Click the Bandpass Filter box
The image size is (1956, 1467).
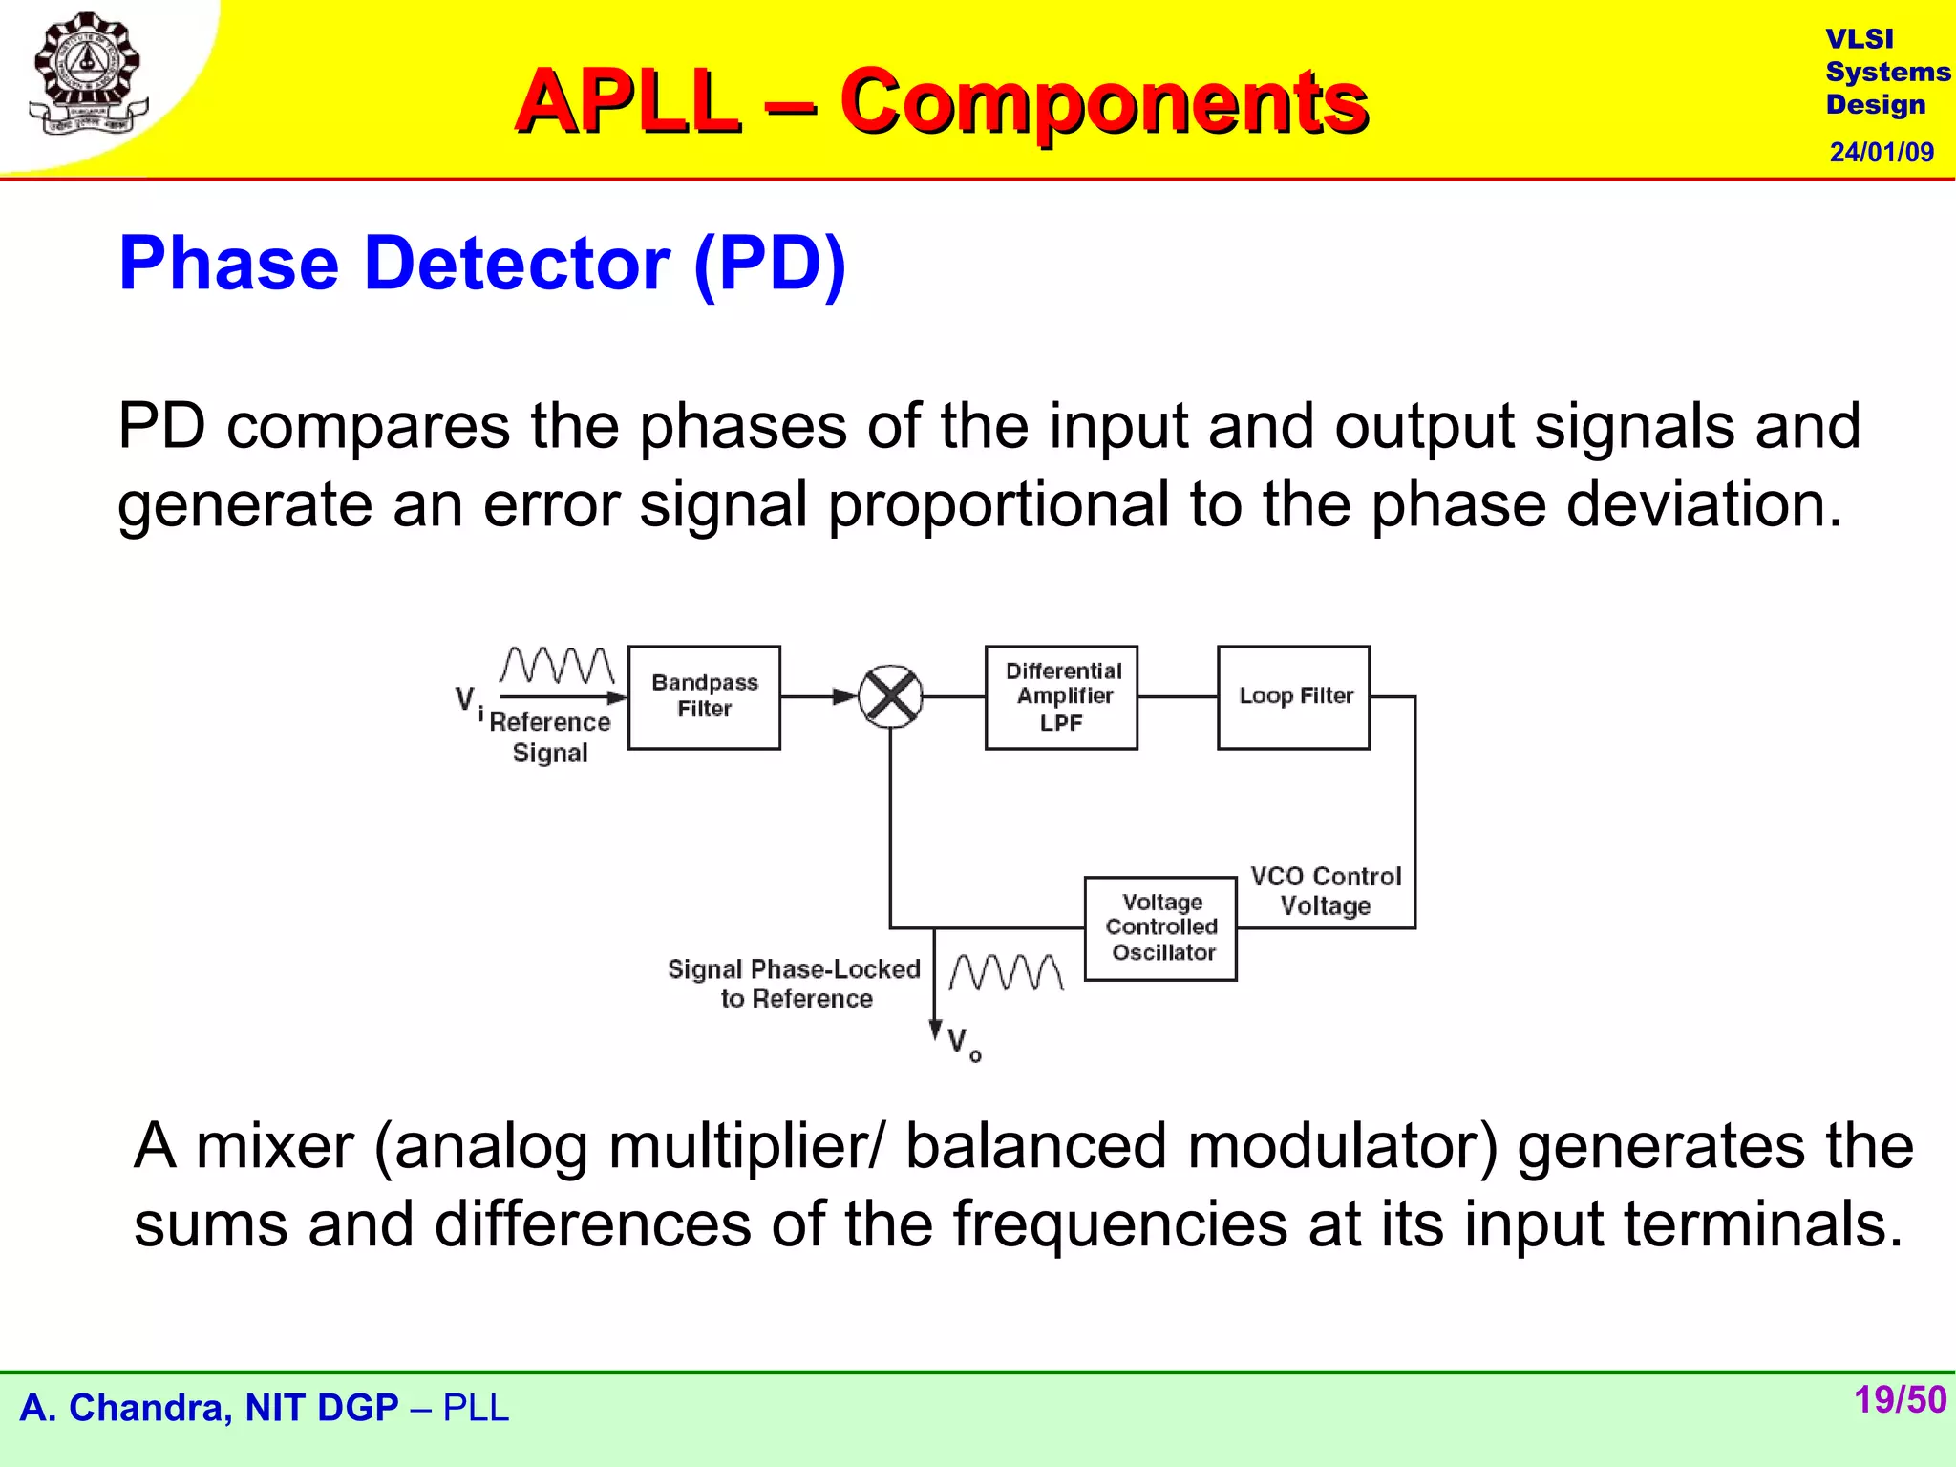[704, 697]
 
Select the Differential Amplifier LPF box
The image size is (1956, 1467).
[1061, 697]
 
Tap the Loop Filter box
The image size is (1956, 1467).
[1293, 697]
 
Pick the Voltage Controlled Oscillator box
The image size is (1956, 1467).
[1160, 928]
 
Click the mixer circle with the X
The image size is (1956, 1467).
[890, 697]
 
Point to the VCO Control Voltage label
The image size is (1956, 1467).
[1326, 891]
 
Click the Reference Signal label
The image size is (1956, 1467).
[550, 736]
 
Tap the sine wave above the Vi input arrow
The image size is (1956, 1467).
[558, 666]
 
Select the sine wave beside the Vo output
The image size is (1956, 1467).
[1007, 972]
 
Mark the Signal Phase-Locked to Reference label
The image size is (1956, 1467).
[795, 984]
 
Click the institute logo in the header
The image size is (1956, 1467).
[88, 74]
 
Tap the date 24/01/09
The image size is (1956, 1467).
[1882, 152]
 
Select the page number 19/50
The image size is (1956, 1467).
[1900, 1400]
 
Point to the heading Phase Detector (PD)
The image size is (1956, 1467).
[482, 264]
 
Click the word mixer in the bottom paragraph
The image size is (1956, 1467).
[275, 1146]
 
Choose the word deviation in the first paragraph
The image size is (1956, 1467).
[1703, 504]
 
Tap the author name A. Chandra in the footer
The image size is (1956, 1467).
[124, 1408]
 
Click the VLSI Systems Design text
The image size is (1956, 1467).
[1886, 72]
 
